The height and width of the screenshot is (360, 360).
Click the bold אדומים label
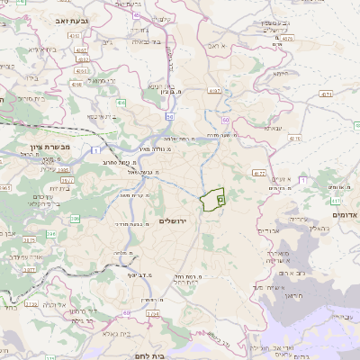pyautogui.click(x=344, y=215)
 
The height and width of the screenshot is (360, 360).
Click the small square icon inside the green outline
pyautogui.click(x=220, y=201)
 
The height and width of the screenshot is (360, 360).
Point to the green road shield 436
pyautogui.click(x=121, y=103)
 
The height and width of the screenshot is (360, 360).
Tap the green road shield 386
pyautogui.click(x=76, y=218)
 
